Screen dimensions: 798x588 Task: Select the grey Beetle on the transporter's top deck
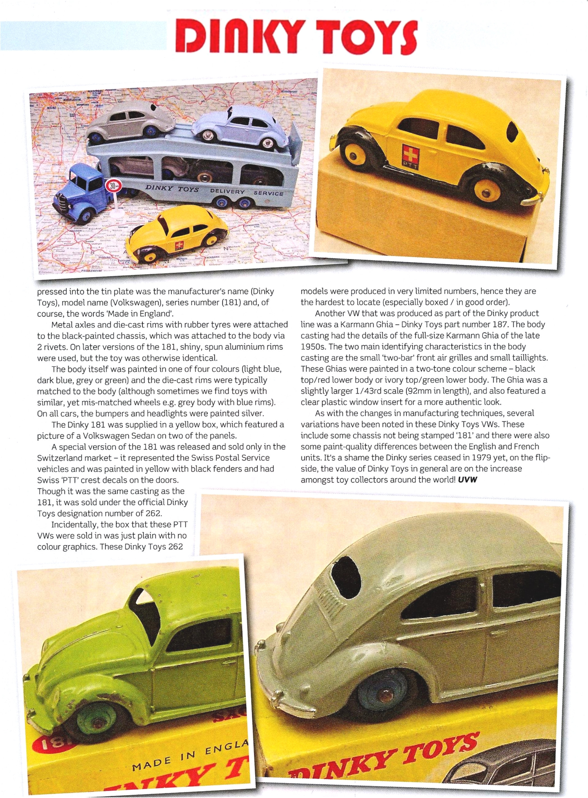(130, 121)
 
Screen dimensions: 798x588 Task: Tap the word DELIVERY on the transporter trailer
(227, 191)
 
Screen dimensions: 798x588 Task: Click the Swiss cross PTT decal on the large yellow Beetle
(410, 154)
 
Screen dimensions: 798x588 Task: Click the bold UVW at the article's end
(467, 479)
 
